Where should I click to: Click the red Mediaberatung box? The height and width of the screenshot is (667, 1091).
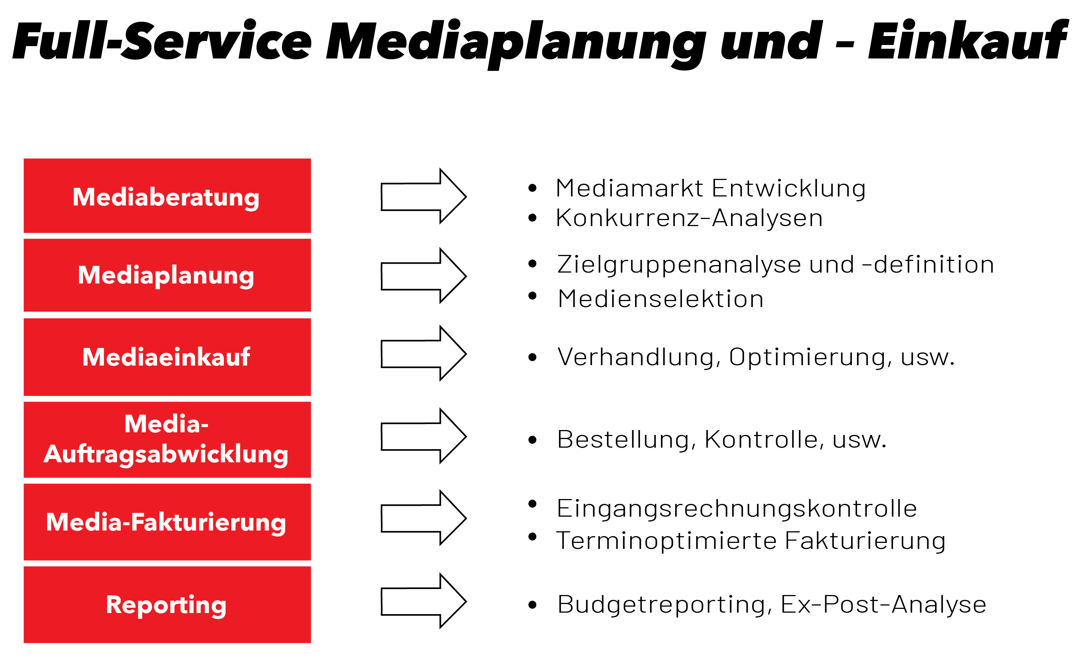[x=167, y=196]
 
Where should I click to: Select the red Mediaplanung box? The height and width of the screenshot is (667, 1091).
[x=167, y=275]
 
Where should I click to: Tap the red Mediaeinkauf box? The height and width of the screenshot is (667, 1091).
[x=167, y=357]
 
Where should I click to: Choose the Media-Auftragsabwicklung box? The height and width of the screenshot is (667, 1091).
[x=167, y=440]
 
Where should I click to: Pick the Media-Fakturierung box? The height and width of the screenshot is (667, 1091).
[x=167, y=522]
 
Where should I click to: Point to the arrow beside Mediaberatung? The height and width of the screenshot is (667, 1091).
[x=424, y=196]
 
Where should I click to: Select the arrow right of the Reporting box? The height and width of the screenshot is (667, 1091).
[x=424, y=601]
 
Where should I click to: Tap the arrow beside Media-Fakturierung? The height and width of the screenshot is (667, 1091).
[x=424, y=518]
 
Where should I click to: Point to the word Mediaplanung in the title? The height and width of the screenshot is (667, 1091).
[x=516, y=44]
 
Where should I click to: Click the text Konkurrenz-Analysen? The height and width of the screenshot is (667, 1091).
[x=689, y=218]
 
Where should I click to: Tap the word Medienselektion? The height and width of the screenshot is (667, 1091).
[x=661, y=298]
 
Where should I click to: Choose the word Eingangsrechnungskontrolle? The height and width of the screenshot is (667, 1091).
[x=737, y=509]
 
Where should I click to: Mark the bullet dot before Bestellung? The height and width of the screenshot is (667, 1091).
[x=532, y=440]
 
